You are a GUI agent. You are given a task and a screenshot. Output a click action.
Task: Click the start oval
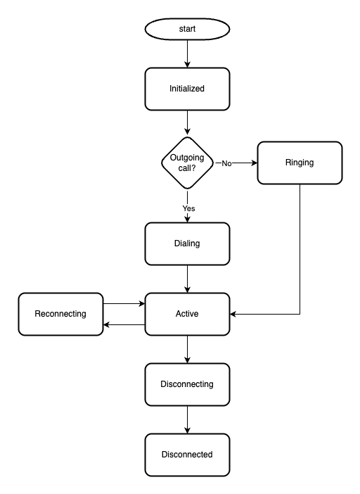[187, 29]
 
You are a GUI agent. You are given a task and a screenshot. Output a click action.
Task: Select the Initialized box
[187, 89]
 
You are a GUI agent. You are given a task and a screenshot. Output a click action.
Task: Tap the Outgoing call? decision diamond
[187, 163]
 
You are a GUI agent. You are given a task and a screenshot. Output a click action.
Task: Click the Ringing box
[300, 163]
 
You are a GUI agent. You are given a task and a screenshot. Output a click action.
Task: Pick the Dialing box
[187, 244]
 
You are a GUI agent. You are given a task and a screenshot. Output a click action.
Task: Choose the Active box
[187, 314]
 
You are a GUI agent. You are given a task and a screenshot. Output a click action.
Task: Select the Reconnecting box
[60, 314]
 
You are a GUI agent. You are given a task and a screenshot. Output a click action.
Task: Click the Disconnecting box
[187, 384]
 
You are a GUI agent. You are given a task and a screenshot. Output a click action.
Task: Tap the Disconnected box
[187, 455]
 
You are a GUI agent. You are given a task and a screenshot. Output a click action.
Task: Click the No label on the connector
[226, 163]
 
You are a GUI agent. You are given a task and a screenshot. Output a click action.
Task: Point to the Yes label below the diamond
[189, 208]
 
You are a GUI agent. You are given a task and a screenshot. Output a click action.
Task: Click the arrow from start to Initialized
[187, 54]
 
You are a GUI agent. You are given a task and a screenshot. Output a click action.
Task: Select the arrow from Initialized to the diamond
[187, 122]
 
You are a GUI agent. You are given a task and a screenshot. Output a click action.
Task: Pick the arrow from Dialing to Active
[187, 279]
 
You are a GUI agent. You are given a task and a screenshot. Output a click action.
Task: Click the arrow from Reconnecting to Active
[124, 304]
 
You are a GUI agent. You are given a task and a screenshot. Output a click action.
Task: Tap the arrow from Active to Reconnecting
[124, 324]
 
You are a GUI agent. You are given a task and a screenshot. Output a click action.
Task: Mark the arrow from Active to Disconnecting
[187, 350]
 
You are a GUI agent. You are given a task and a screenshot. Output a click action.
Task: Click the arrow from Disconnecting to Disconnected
[187, 419]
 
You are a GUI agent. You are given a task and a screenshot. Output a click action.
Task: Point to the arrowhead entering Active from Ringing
[233, 314]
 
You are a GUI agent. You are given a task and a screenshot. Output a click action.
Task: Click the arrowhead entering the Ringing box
[255, 163]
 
